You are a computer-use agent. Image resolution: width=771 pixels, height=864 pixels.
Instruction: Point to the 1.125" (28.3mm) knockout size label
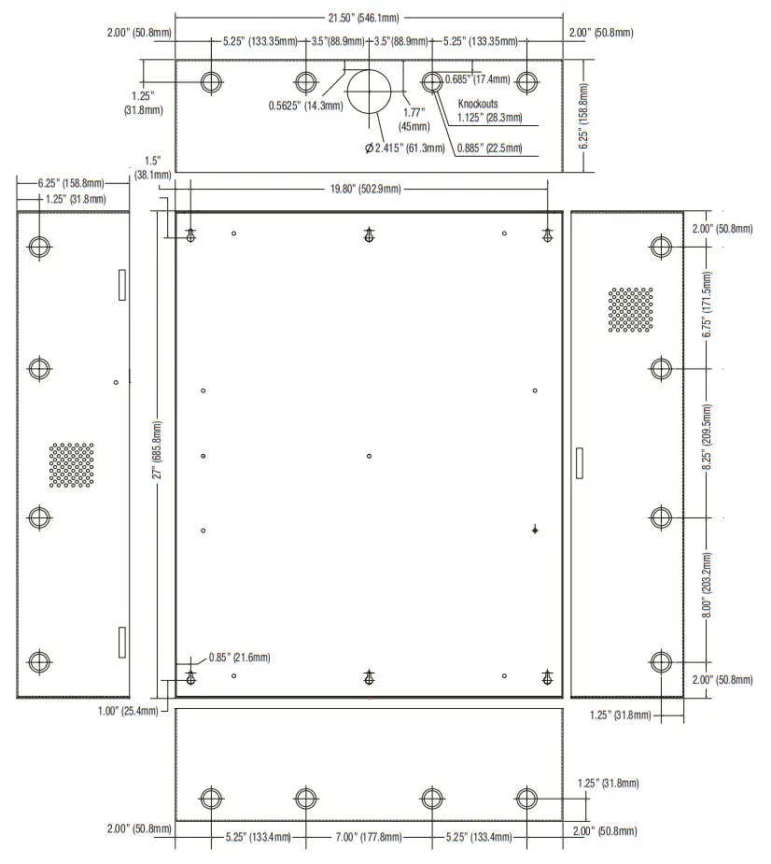pyautogui.click(x=490, y=118)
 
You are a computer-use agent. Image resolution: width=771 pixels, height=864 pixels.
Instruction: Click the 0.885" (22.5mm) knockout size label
pyautogui.click(x=490, y=148)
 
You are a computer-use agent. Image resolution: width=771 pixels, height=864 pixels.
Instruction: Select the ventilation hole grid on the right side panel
pyautogui.click(x=630, y=309)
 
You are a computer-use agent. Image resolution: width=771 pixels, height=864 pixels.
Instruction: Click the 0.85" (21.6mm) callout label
pyautogui.click(x=239, y=658)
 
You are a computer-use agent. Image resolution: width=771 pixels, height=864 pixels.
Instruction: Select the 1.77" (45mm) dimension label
pyautogui.click(x=414, y=119)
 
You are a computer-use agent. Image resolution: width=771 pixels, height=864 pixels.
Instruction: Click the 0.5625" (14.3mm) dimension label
pyautogui.click(x=301, y=106)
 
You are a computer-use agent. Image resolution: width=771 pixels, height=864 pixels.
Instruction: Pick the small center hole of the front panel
pyautogui.click(x=370, y=456)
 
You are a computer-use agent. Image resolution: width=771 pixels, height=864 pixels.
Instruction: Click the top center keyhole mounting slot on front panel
pyautogui.click(x=370, y=237)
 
